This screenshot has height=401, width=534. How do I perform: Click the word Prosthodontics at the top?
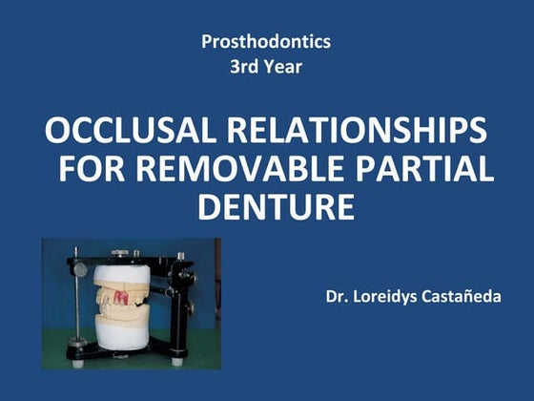(x=266, y=42)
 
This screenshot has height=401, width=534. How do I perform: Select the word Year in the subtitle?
(x=285, y=69)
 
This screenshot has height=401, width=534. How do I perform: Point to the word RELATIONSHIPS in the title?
(x=355, y=132)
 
